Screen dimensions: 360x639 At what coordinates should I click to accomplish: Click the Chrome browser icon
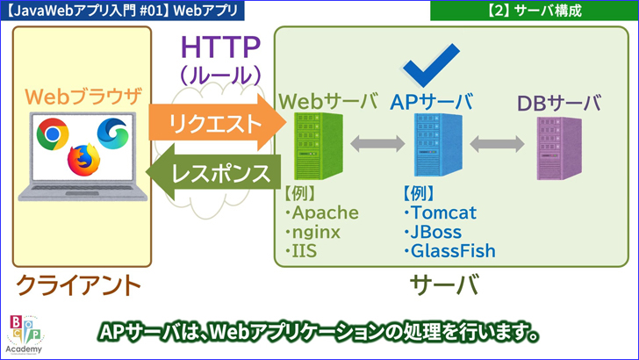tap(51, 133)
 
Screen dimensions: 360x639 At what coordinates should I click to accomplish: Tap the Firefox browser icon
tap(83, 160)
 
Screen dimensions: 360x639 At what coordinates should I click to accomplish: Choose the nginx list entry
tap(316, 232)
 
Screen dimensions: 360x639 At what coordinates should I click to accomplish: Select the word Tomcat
tap(443, 213)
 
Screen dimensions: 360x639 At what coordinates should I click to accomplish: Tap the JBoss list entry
tap(439, 232)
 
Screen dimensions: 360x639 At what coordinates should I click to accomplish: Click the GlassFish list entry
tap(453, 251)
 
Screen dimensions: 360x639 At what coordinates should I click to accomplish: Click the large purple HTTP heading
tap(220, 45)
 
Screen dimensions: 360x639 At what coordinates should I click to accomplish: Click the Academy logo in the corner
tap(27, 333)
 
